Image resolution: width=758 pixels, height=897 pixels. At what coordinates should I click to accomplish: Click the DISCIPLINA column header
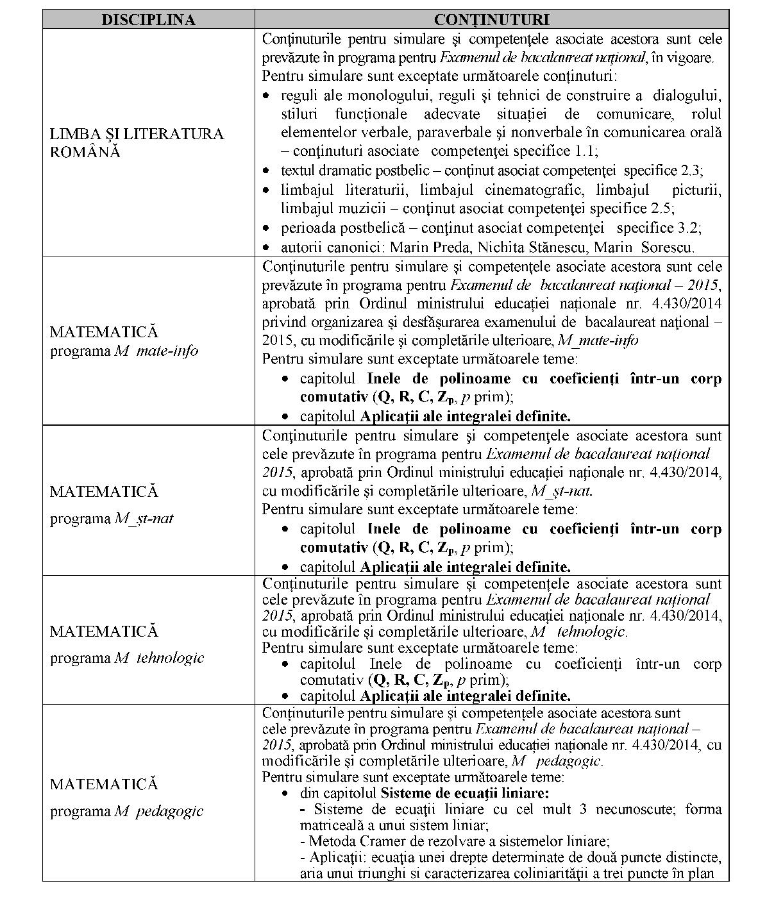tap(148, 20)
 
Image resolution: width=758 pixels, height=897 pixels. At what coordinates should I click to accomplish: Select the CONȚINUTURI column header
tap(491, 20)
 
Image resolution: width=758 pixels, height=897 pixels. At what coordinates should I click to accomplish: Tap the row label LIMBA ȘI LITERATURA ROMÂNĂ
tap(137, 143)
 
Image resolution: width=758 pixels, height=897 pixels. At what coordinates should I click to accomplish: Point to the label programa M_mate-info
tap(124, 351)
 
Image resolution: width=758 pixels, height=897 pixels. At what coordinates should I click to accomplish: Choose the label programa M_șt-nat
tap(112, 518)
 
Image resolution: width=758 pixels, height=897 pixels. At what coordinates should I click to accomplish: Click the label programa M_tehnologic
tap(127, 658)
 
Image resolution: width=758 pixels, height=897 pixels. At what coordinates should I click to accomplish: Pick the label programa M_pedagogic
tap(126, 811)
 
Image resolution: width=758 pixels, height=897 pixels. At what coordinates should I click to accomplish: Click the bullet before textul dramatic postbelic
tap(268, 171)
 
